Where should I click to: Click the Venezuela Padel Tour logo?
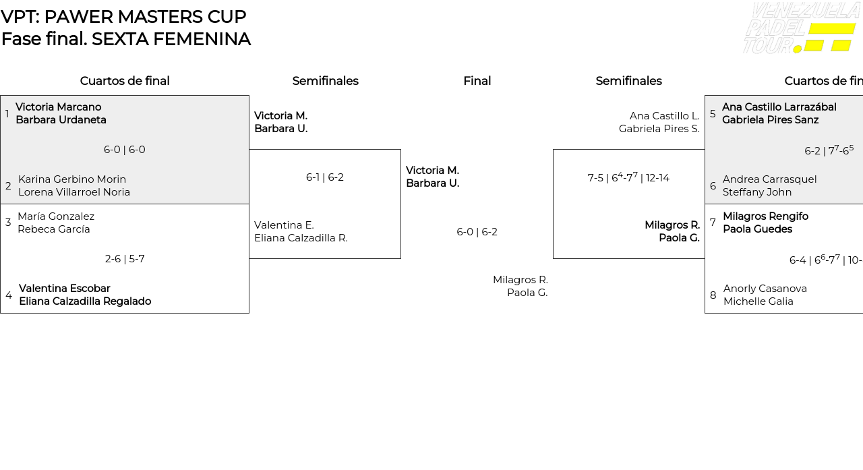click(800, 28)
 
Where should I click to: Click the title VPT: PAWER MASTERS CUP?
click(123, 17)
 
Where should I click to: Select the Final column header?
click(477, 81)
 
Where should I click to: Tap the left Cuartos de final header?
click(125, 81)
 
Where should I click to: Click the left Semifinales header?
click(325, 81)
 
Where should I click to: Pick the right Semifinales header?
click(628, 81)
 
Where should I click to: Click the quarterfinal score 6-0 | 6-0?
click(125, 150)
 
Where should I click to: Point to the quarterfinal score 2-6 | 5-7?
click(125, 259)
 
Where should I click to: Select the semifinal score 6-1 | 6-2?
click(325, 177)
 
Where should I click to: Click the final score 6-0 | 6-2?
click(477, 232)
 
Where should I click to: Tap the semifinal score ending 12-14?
click(628, 178)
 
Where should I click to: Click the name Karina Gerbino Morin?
click(72, 179)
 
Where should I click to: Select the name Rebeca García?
click(54, 229)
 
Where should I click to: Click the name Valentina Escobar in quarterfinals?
click(65, 289)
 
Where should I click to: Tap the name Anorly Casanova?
click(765, 289)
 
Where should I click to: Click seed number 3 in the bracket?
click(8, 223)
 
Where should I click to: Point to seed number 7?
click(713, 223)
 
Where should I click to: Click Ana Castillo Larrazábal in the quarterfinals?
click(779, 107)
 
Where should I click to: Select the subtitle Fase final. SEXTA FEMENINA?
click(126, 39)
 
